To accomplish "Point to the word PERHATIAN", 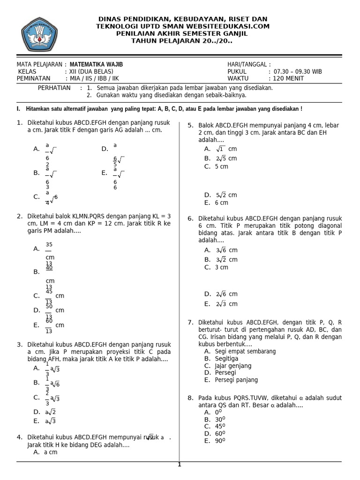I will coord(54,88).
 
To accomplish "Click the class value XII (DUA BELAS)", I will coord(91,72).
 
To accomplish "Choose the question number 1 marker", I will coord(20,123).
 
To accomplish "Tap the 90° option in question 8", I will coord(215,441).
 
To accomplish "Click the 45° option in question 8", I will coord(215,427).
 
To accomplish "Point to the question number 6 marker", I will coord(191,218).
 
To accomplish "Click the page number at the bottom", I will coord(179,465).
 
